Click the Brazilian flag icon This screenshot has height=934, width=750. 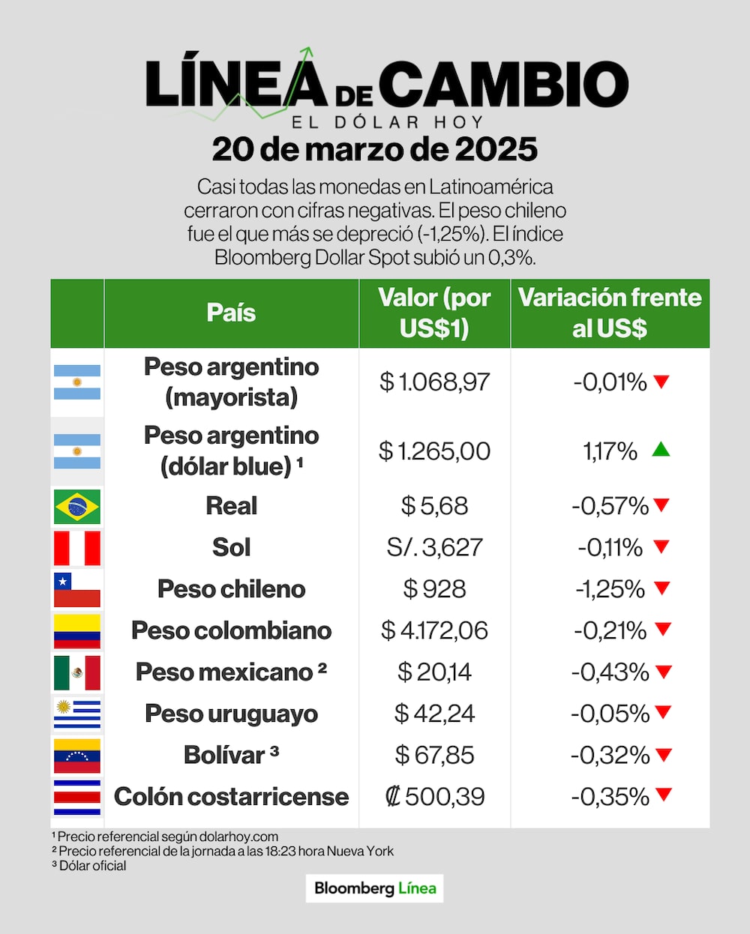(77, 507)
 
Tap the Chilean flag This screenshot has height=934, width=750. (77, 590)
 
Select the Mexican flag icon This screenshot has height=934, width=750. (77, 672)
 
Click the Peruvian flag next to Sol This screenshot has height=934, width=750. (77, 548)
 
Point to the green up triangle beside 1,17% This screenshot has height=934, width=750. (661, 450)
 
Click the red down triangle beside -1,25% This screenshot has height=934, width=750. (662, 588)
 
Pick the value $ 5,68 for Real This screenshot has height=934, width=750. (434, 506)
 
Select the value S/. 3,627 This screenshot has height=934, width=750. (434, 547)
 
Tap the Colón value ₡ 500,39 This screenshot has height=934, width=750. (434, 796)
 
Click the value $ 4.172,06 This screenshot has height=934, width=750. (434, 630)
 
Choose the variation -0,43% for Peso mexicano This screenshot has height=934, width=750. (610, 672)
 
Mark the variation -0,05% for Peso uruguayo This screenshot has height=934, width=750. (610, 714)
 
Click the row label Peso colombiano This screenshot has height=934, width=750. (231, 630)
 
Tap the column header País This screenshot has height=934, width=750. (231, 313)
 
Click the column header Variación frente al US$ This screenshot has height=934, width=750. (610, 313)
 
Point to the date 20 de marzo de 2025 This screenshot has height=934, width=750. (374, 149)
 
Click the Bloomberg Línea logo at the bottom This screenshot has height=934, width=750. (374, 888)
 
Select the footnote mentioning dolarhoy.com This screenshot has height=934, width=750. (165, 837)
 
